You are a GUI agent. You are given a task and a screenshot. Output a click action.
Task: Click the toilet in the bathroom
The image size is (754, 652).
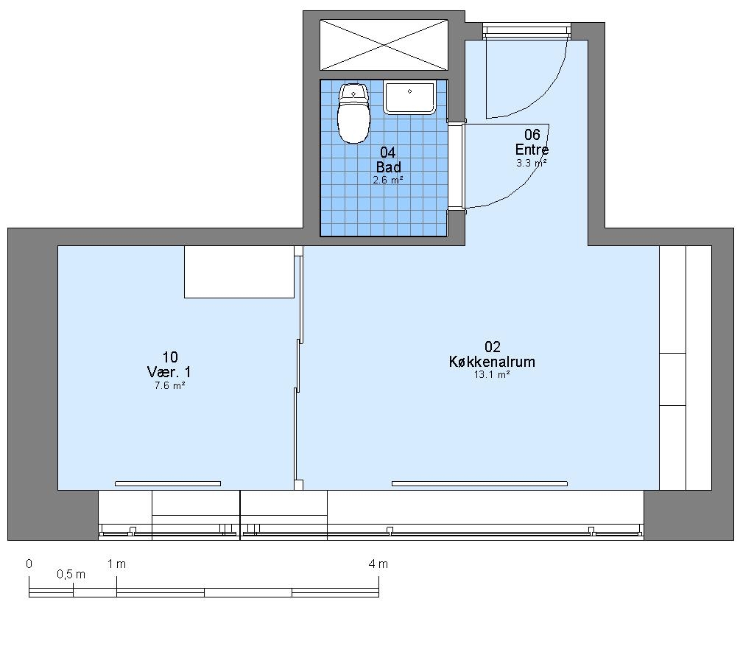pyautogui.click(x=354, y=113)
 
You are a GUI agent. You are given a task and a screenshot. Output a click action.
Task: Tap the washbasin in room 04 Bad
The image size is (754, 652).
pyautogui.click(x=409, y=97)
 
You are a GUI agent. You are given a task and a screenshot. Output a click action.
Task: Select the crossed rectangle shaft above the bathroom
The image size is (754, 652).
pyautogui.click(x=384, y=45)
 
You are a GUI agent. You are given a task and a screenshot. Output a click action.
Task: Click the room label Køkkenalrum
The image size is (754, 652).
pyautogui.click(x=492, y=362)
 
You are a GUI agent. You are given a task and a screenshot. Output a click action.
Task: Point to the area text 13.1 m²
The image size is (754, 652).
pyautogui.click(x=492, y=374)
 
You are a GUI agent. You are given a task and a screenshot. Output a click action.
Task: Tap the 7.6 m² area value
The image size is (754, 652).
pyautogui.click(x=170, y=385)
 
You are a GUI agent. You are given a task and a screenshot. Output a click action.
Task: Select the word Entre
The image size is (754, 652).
pyautogui.click(x=532, y=149)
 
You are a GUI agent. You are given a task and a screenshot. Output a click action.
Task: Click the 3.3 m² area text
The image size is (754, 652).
pyautogui.click(x=532, y=163)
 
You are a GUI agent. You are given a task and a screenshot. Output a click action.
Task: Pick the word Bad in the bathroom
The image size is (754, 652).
pyautogui.click(x=389, y=167)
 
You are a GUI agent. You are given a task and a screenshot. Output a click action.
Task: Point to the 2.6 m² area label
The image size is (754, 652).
pyautogui.click(x=387, y=180)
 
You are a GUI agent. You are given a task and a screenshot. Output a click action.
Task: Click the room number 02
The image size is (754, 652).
pyautogui.click(x=493, y=346)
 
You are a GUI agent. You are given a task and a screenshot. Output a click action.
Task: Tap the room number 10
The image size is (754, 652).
pyautogui.click(x=170, y=357)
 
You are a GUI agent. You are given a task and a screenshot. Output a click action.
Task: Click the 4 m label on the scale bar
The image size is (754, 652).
pyautogui.click(x=378, y=564)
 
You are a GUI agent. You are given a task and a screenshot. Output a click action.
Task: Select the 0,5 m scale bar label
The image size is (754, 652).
pyautogui.click(x=71, y=574)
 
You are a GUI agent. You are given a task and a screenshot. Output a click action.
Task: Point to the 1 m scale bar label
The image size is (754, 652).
pyautogui.click(x=116, y=564)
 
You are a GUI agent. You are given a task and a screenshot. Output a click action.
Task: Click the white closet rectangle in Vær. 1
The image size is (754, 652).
pyautogui.click(x=239, y=272)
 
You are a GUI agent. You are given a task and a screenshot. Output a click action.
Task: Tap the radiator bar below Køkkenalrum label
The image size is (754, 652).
pyautogui.click(x=479, y=483)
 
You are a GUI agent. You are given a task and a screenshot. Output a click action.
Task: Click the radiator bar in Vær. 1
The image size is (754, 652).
pyautogui.click(x=168, y=483)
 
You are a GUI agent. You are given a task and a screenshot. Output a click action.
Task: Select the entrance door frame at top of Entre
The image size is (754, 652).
pyautogui.click(x=527, y=31)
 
